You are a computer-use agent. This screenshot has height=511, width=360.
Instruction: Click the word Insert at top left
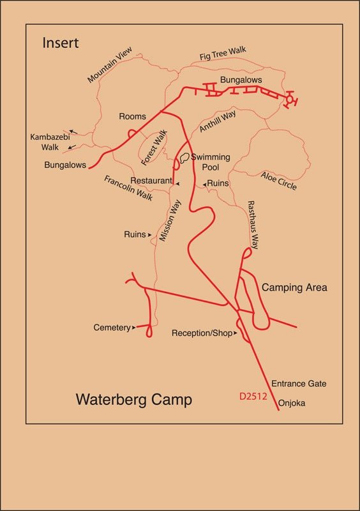(x=61, y=43)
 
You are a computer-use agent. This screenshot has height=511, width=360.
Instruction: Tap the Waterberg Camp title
(x=134, y=400)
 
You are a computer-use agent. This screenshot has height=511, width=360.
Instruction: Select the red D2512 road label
(x=253, y=397)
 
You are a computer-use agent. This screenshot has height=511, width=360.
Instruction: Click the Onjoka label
(x=292, y=403)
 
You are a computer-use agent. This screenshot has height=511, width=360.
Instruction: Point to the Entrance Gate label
(x=299, y=384)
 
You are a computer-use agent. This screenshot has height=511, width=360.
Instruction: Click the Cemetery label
(x=112, y=327)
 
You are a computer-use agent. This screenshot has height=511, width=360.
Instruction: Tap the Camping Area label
(x=294, y=287)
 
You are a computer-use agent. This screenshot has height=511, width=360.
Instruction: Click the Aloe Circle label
(x=278, y=179)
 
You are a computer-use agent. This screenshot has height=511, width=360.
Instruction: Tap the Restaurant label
(x=151, y=181)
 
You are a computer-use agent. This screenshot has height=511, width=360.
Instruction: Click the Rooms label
(x=132, y=117)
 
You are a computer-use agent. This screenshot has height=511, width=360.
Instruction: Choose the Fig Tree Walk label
(x=223, y=52)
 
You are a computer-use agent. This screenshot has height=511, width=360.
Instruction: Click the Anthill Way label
(x=217, y=121)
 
